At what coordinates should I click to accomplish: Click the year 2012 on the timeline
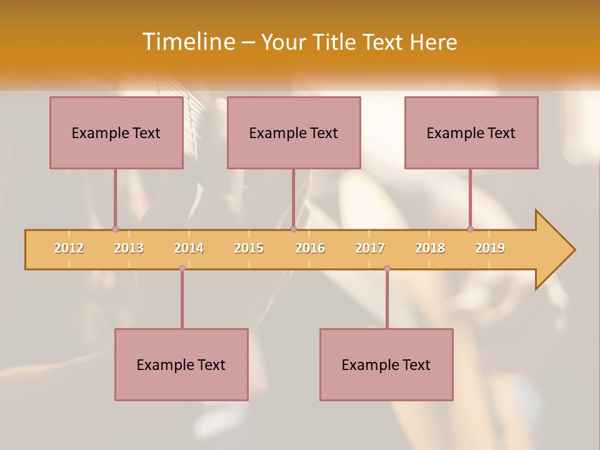point(69,248)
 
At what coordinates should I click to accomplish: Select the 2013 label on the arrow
point(129,248)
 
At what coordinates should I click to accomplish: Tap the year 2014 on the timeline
point(189,248)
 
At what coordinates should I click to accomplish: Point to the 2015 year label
point(249,248)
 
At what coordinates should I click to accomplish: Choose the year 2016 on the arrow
point(310,248)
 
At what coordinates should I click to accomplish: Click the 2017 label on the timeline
point(370,248)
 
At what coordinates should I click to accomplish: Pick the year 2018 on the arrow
point(430,248)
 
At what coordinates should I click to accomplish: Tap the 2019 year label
point(490,248)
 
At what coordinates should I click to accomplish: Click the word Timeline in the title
point(187,42)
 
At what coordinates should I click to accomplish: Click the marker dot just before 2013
point(115,229)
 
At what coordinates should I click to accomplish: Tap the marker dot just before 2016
point(293,229)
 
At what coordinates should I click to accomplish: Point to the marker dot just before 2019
point(470,229)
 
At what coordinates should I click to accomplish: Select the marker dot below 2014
point(182,269)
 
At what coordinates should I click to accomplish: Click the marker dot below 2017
point(387,269)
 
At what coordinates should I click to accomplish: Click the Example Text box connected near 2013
point(116,132)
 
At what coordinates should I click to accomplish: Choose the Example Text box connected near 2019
point(471,132)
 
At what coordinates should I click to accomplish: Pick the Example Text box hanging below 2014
point(181,364)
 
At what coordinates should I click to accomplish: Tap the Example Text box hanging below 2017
point(386,364)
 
